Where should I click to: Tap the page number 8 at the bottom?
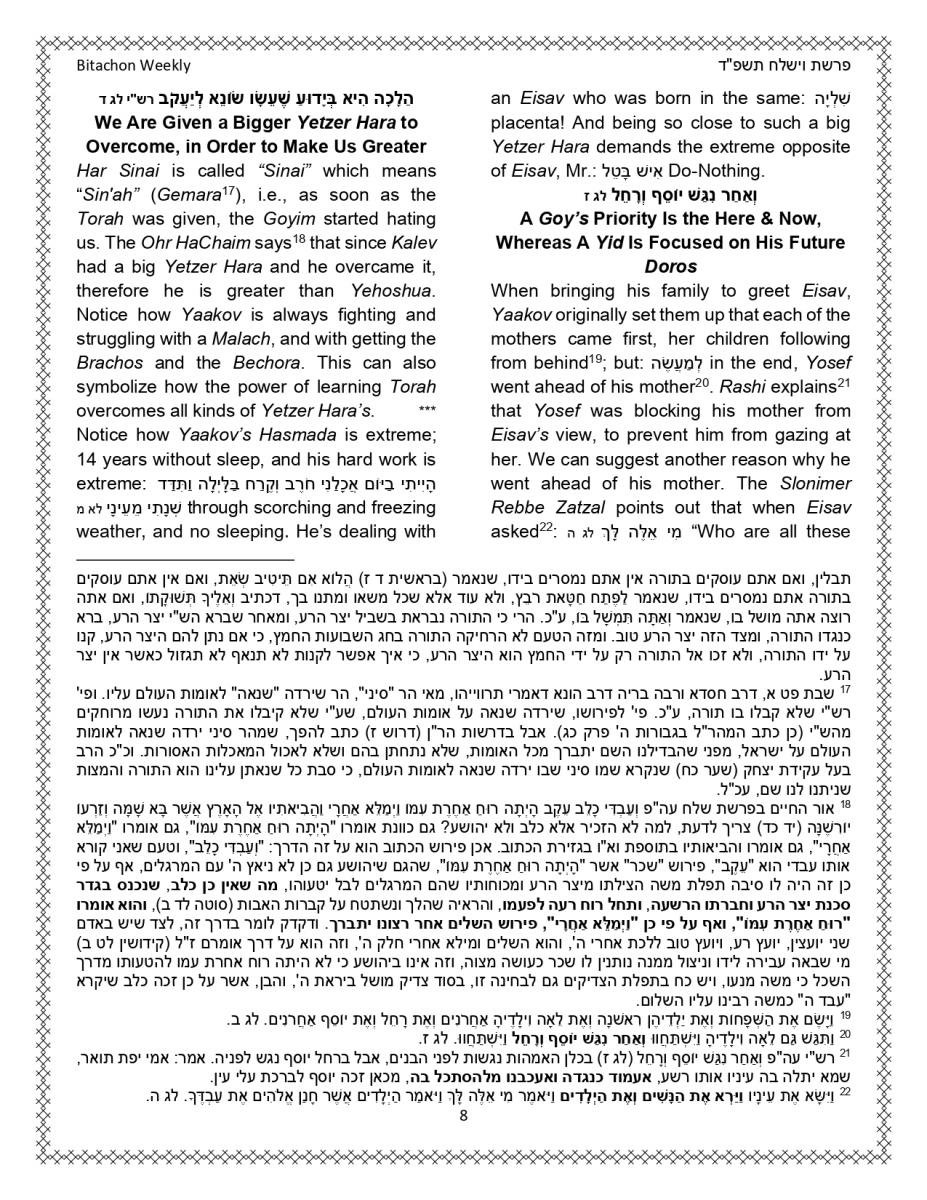pos(463,1144)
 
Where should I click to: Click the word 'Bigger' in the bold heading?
pos(245,124)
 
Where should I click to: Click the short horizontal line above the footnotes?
pos(185,561)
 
